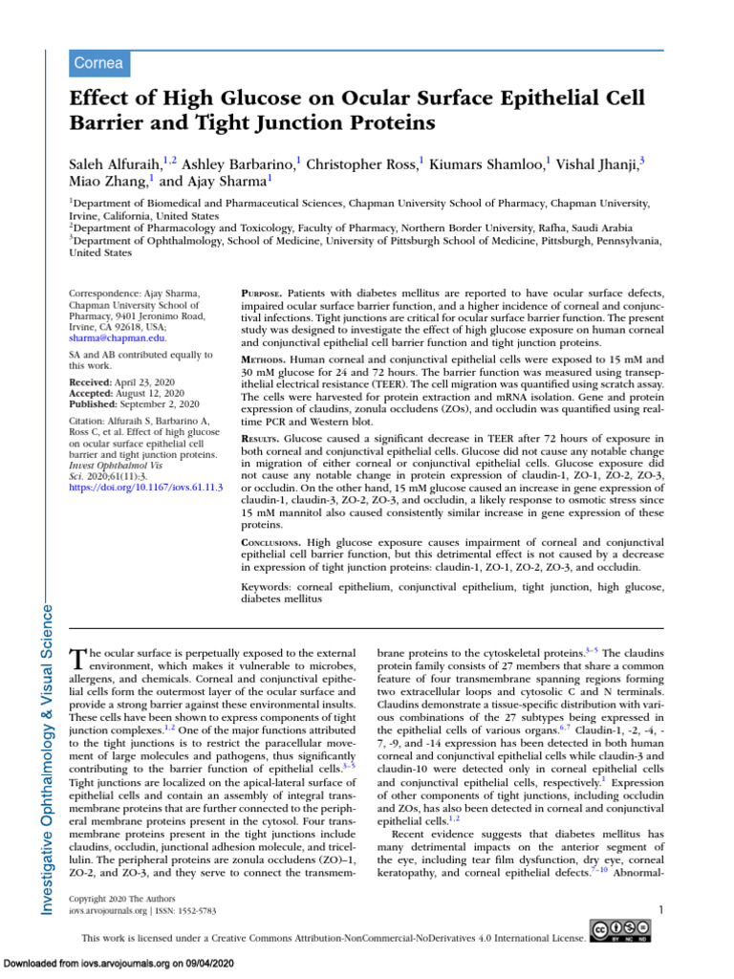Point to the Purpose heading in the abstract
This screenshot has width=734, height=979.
click(x=264, y=290)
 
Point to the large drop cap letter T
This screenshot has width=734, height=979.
click(x=78, y=660)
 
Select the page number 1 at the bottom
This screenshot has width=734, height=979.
click(x=661, y=909)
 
